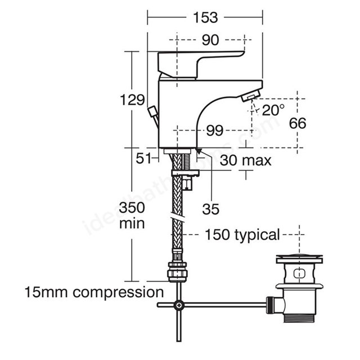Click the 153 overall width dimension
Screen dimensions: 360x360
(205, 17)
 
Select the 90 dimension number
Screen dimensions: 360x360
(210, 40)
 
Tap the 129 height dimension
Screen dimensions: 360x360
(133, 100)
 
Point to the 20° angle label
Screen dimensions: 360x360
(273, 110)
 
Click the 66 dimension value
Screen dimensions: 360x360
(298, 123)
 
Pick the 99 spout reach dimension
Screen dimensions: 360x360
(215, 130)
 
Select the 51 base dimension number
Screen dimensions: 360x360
(144, 158)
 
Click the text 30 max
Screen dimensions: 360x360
(246, 160)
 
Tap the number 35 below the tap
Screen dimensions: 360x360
(210, 209)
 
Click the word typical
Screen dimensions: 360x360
(256, 235)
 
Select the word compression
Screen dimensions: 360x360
(118, 293)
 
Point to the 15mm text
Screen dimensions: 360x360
(46, 292)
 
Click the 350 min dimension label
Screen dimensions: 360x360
(132, 215)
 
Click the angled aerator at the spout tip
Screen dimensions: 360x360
(251, 96)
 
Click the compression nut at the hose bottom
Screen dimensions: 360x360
(178, 272)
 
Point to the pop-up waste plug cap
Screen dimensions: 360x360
(299, 258)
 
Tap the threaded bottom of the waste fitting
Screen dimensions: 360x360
(299, 318)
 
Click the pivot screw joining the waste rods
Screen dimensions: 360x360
(179, 305)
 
